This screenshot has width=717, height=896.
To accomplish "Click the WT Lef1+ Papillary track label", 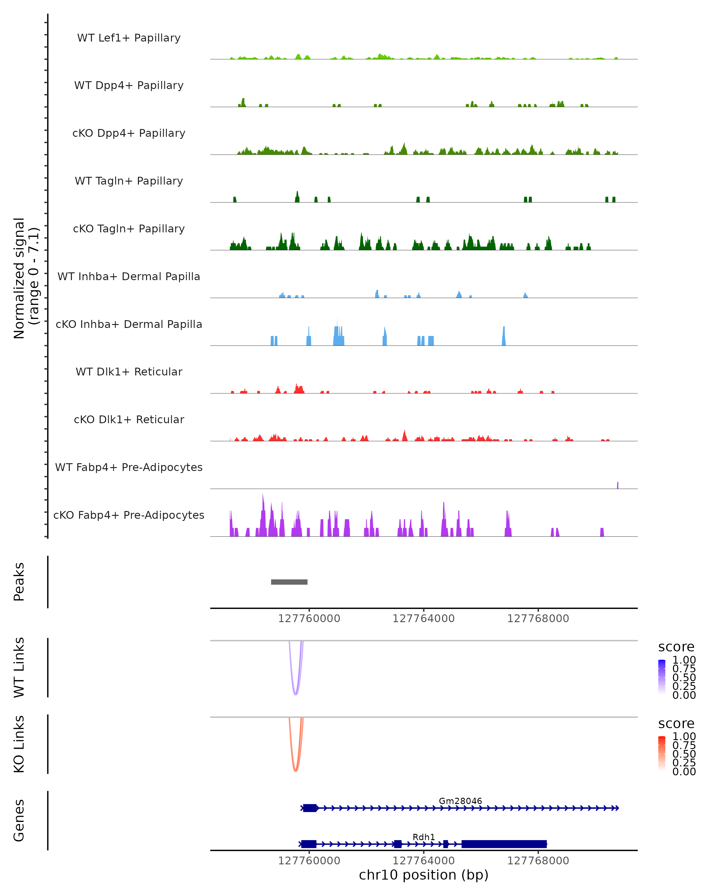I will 129,38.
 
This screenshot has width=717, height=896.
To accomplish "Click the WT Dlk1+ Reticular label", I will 129,372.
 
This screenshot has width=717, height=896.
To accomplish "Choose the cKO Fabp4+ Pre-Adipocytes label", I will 129,515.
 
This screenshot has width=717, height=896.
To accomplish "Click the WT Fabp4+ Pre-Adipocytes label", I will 129,467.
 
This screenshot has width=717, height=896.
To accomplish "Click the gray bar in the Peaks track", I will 289,582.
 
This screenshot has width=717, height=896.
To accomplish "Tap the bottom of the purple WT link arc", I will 295,694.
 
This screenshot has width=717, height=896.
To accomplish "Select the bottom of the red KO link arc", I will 295,771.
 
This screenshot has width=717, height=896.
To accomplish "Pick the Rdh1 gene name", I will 424,837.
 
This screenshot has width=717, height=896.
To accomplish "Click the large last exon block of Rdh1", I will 504,844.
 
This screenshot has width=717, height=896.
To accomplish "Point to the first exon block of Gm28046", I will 310,808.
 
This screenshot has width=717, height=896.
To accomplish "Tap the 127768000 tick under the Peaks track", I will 538,619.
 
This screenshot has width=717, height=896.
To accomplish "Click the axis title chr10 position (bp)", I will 424,875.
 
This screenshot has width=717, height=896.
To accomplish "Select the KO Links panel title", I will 19,744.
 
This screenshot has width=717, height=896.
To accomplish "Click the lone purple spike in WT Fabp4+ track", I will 618,485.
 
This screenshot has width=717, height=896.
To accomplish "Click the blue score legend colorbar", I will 662,677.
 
